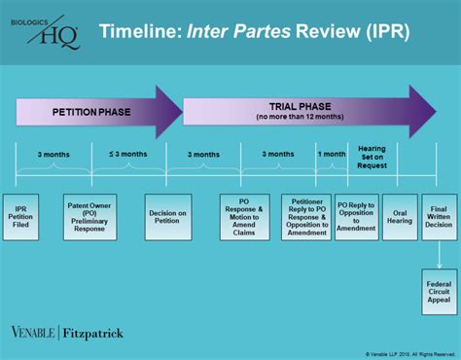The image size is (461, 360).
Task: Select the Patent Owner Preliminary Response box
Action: pyautogui.click(x=89, y=218)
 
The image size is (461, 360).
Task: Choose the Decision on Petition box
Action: pyautogui.click(x=166, y=218)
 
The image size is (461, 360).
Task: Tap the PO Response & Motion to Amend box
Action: pyautogui.click(x=244, y=218)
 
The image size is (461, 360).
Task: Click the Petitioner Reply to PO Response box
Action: pyautogui.click(x=306, y=218)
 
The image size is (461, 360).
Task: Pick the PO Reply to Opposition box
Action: pyautogui.click(x=356, y=218)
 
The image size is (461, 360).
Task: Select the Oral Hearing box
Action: pyautogui.click(x=400, y=218)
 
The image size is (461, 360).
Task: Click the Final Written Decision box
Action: pyautogui.click(x=439, y=218)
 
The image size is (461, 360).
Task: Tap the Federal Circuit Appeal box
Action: pyautogui.click(x=439, y=293)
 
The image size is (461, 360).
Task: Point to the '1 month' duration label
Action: pyautogui.click(x=332, y=154)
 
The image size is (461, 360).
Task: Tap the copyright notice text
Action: pyautogui.click(x=409, y=353)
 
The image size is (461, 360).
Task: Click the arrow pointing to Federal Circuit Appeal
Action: pyautogui.click(x=439, y=255)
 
